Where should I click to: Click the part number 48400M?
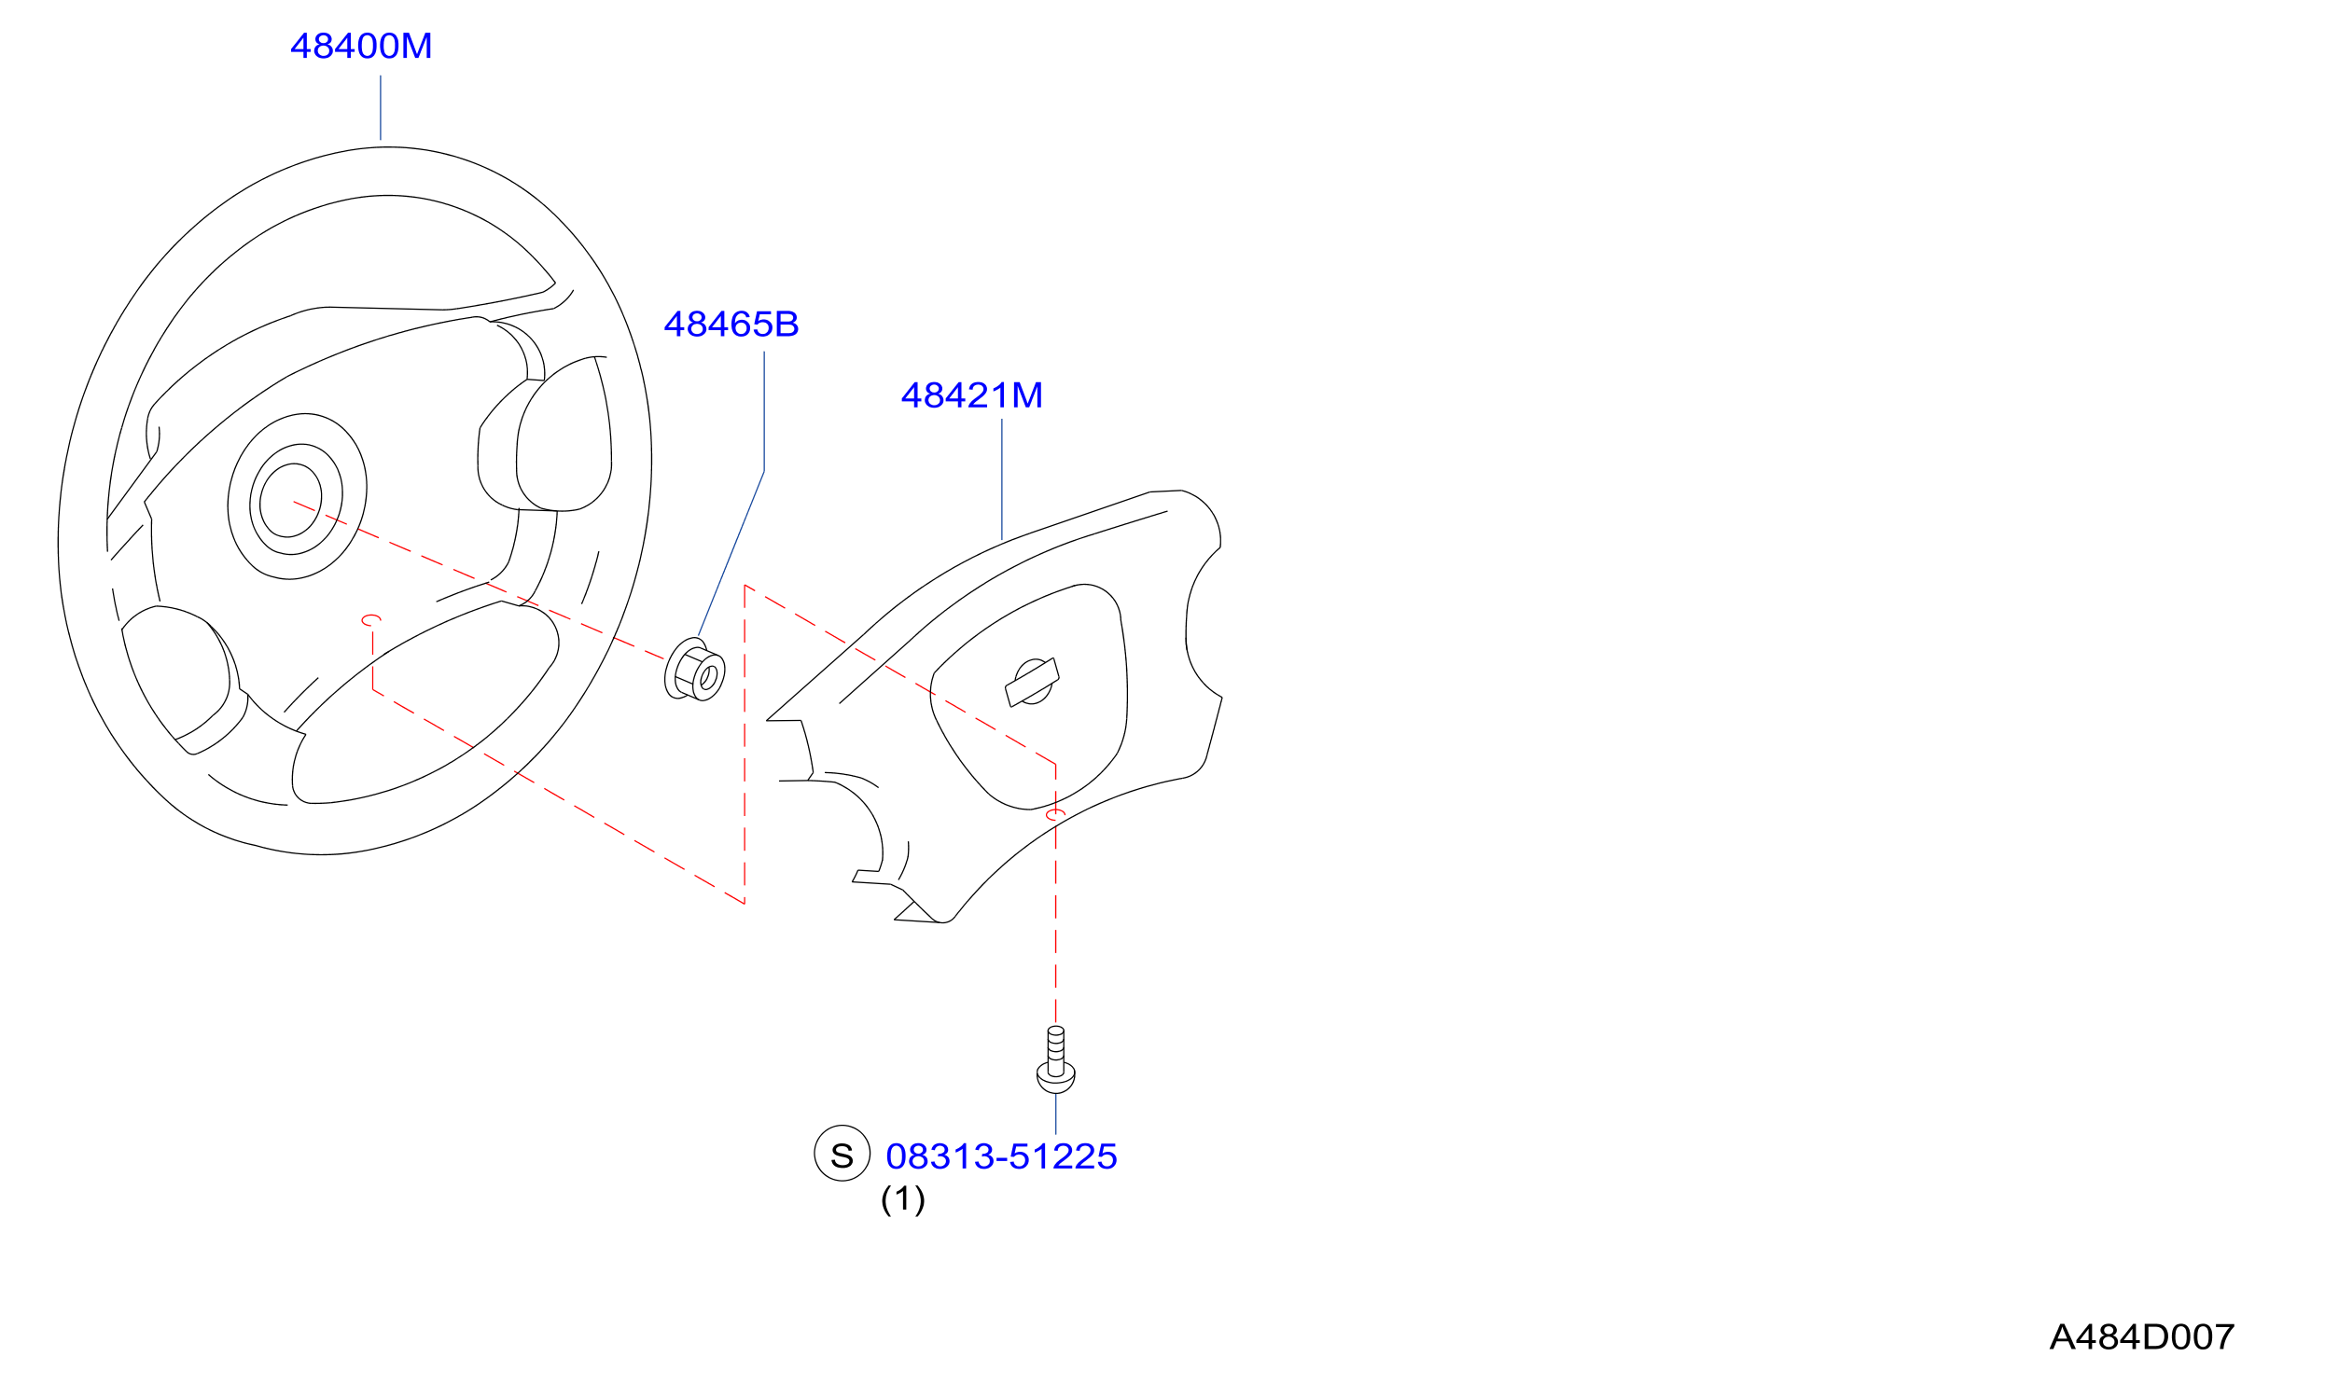[361, 47]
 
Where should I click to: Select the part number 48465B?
[731, 325]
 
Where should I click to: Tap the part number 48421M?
[972, 395]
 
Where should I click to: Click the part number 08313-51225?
[1001, 1156]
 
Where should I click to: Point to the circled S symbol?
[842, 1154]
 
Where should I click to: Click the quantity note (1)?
[903, 1199]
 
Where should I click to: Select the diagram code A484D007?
[2141, 1337]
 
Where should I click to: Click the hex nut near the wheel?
[694, 670]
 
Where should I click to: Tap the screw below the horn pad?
[1055, 1059]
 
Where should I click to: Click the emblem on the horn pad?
[1032, 682]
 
